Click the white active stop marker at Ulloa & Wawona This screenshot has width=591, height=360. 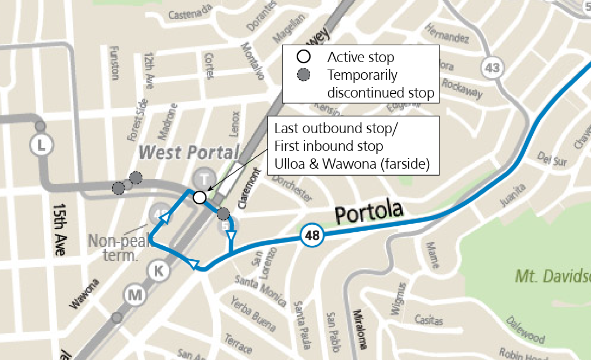coord(200,197)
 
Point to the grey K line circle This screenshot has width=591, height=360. coord(158,271)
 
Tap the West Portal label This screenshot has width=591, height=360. coord(188,153)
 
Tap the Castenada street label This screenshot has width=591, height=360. coord(189,15)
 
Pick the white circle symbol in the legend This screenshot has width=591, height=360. coord(304,57)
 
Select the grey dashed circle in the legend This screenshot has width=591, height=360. coord(304,75)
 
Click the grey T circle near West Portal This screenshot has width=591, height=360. coord(204,178)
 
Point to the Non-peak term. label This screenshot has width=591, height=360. coord(120,247)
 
